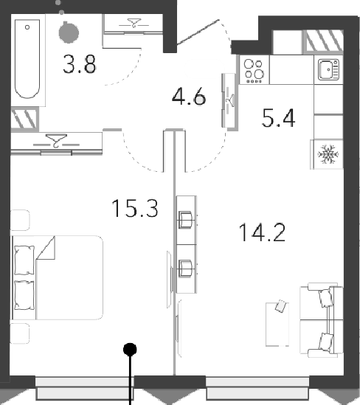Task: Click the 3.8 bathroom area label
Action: [79, 64]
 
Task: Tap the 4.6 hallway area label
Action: [189, 96]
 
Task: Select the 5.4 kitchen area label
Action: [278, 118]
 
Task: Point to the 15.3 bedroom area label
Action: [135, 208]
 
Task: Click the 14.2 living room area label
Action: [262, 232]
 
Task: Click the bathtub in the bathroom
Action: [27, 59]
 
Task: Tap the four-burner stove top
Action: [254, 70]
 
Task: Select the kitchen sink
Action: [328, 69]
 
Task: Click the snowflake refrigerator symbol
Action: [328, 154]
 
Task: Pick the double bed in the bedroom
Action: [57, 277]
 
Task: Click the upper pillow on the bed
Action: [24, 260]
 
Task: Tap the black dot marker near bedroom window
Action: [130, 350]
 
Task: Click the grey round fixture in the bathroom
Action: [69, 32]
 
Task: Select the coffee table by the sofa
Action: [277, 324]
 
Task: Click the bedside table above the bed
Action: [20, 220]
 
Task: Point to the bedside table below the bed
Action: [20, 333]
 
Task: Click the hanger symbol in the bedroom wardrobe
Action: [56, 141]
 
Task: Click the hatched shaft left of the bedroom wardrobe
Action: [24, 119]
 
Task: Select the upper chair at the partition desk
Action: [185, 220]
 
